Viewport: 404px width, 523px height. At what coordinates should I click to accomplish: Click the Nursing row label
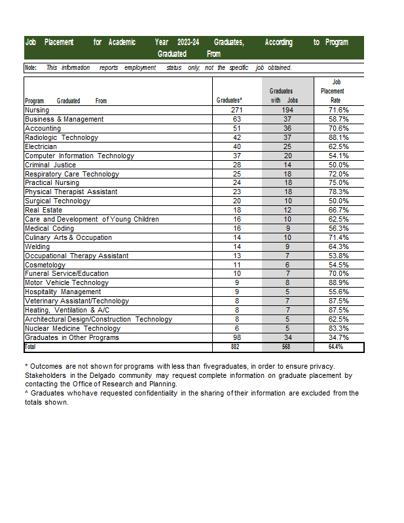37,110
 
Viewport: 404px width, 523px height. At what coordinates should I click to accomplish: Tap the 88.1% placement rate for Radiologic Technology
339,138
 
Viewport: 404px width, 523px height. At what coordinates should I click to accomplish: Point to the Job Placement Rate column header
332,91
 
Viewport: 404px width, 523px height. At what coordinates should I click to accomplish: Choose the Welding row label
37,247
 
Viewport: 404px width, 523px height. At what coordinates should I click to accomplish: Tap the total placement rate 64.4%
335,347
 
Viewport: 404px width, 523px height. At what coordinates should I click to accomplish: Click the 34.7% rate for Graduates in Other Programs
339,338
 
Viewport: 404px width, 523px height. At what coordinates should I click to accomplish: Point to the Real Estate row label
43,211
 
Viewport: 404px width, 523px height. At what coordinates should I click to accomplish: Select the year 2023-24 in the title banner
188,42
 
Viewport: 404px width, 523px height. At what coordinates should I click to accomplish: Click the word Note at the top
31,67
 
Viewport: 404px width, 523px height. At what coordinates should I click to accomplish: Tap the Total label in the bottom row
31,347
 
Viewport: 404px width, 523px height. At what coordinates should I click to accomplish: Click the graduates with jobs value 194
286,110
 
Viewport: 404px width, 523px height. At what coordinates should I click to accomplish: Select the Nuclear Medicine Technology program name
73,328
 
